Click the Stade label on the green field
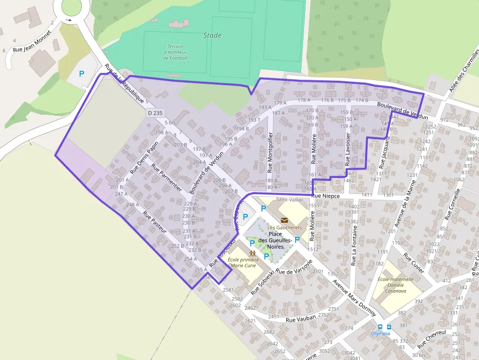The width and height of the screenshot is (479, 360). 212,35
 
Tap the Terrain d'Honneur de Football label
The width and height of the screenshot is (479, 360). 175,52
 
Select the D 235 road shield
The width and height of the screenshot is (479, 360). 155,113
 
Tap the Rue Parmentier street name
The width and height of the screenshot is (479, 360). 167,177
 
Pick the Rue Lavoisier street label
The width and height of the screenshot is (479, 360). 348,150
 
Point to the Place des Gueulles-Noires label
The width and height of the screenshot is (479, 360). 275,240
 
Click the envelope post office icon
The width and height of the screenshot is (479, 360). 284,220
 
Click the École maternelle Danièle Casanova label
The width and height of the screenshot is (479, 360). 395,285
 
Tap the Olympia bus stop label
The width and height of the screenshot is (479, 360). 380,333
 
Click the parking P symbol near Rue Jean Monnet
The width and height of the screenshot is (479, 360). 82,74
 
